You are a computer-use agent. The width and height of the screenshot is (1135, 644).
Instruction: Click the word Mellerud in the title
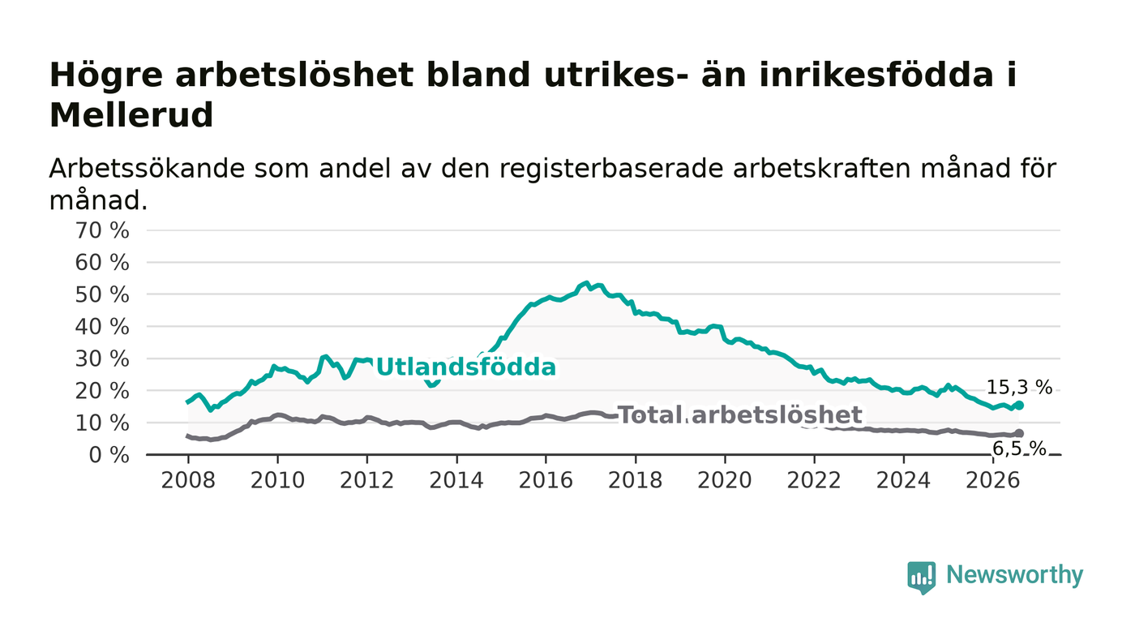(x=131, y=115)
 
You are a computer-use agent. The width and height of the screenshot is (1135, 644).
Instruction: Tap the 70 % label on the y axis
(x=102, y=230)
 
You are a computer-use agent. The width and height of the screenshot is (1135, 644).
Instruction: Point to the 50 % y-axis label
(x=102, y=294)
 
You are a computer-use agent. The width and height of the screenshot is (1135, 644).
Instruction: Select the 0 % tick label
(x=109, y=455)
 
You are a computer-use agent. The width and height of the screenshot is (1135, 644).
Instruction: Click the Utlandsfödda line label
(x=466, y=367)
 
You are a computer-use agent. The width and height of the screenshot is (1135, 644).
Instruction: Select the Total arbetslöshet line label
(x=740, y=414)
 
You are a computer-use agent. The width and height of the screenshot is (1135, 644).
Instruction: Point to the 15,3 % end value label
(x=1020, y=388)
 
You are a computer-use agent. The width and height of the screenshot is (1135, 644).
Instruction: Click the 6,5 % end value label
(x=1020, y=449)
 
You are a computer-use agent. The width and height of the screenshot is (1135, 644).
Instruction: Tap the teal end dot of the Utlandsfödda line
(x=1020, y=406)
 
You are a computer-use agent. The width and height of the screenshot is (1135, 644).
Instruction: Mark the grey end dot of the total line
(x=1020, y=434)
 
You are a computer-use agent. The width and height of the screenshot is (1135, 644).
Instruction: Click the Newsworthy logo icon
(x=922, y=577)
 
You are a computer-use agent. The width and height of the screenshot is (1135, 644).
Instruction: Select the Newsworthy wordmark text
(x=1015, y=575)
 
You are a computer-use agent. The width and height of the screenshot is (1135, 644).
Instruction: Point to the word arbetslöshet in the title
(x=294, y=75)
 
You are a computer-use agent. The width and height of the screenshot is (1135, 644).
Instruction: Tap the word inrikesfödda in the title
(x=846, y=75)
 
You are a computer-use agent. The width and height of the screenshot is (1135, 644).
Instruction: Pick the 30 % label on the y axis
(x=102, y=359)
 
